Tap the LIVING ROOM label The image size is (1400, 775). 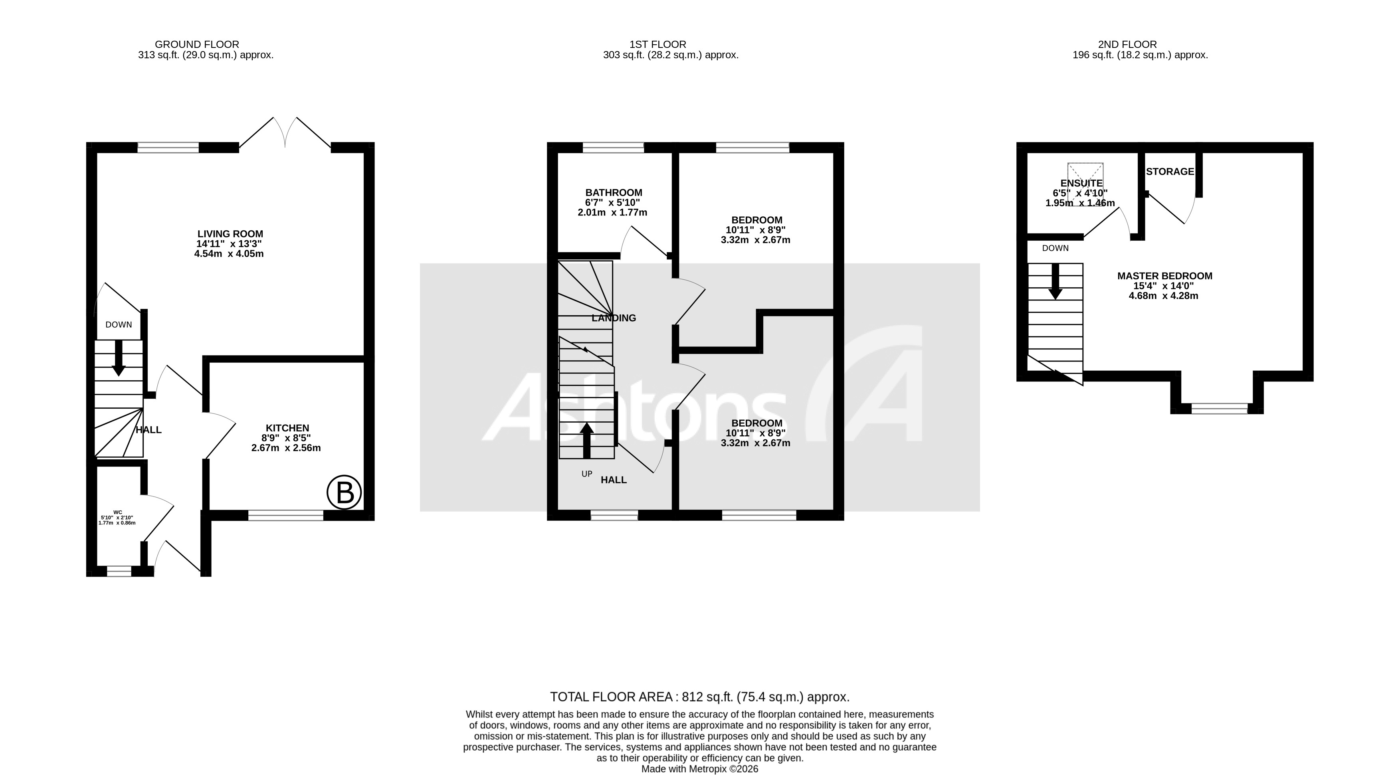[230, 234]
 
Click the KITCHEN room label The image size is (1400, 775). [287, 428]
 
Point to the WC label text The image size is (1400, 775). [117, 512]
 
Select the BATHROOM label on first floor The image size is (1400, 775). [614, 192]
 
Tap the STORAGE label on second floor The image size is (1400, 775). [1170, 172]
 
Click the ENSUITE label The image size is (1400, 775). [1081, 183]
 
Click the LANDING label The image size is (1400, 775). [614, 318]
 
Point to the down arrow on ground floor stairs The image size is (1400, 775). [118, 359]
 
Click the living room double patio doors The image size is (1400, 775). [285, 133]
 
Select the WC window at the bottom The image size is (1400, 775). [119, 571]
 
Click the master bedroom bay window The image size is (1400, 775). [1219, 408]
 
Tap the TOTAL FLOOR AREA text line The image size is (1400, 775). [699, 697]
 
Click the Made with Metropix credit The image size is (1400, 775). [699, 769]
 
